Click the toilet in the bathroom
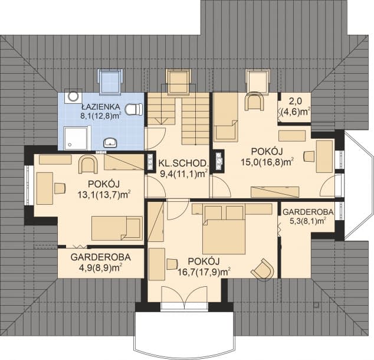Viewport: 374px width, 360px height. pyautogui.click(x=134, y=110)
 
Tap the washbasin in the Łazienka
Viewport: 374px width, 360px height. pyautogui.click(x=110, y=143)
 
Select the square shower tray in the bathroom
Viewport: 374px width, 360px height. pyautogui.click(x=75, y=138)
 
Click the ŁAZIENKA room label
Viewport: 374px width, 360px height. pyautogui.click(x=100, y=107)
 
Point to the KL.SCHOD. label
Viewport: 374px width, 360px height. pyautogui.click(x=183, y=163)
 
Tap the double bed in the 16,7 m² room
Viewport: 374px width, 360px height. pyautogui.click(x=224, y=229)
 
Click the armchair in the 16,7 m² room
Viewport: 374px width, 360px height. pyautogui.click(x=263, y=269)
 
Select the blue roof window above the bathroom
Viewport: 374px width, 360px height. pyautogui.click(x=110, y=81)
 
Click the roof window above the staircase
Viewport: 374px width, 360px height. pyautogui.click(x=178, y=81)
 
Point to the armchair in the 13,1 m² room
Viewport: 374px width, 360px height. pyautogui.click(x=88, y=164)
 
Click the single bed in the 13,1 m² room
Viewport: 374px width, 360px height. pyautogui.click(x=117, y=228)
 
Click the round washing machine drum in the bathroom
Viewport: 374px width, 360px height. pyautogui.click(x=73, y=96)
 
